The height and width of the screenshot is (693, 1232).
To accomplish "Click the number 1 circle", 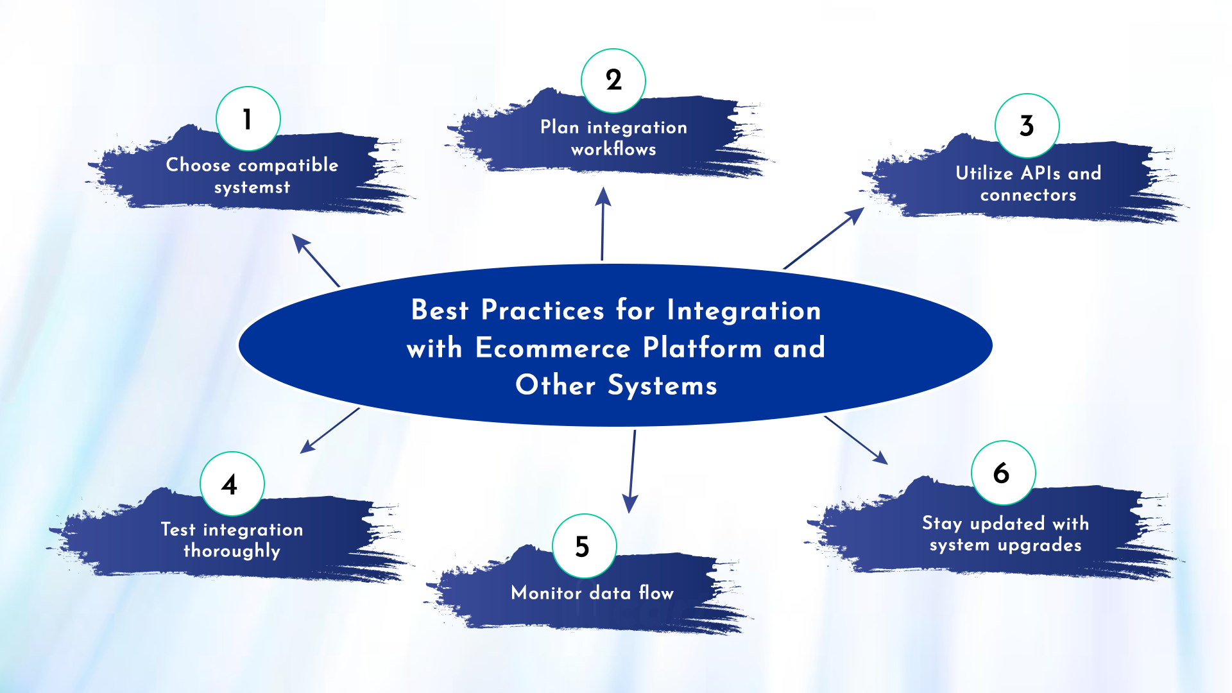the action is pos(248,119).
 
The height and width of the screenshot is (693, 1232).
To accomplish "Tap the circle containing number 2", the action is pos(613,81).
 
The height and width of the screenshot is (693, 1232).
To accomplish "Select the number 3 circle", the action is pos(1027,126).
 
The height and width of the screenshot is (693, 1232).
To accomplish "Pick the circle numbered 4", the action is pos(232,484).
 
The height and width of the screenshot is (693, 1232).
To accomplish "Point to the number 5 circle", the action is pos(585,546).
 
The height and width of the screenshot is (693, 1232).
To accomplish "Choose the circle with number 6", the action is pos(1004,473).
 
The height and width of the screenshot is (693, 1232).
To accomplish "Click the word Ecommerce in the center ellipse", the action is pos(553,348).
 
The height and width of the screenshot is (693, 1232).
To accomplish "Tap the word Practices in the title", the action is pos(543,310).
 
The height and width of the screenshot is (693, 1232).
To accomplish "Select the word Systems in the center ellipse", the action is pos(662,386).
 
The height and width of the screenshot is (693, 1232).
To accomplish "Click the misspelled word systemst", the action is pos(252,187).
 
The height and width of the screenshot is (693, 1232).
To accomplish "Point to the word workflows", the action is pos(613,149).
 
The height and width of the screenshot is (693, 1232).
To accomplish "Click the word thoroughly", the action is pos(232,551).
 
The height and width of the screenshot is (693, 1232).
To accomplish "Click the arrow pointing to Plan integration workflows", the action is pos(603,223).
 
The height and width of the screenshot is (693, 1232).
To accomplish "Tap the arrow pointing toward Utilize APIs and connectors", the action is pos(824,238).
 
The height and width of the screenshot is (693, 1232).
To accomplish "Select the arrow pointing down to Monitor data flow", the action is pos(632,472).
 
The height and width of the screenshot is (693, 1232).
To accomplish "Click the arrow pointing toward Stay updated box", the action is pos(856,440).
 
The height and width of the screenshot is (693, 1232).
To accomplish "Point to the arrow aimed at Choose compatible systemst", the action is pos(316,260).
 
